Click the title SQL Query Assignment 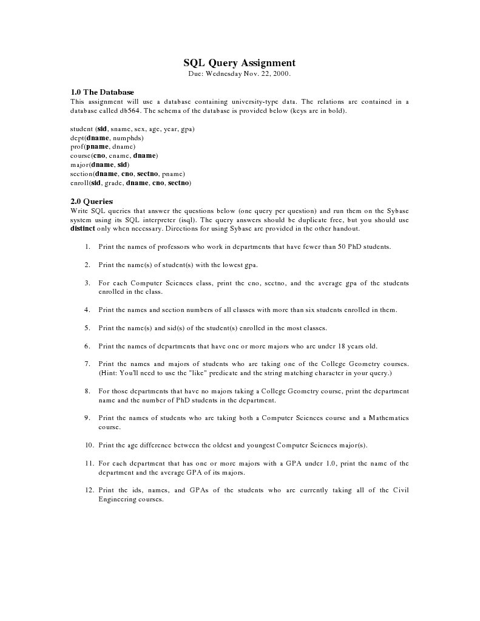(240, 63)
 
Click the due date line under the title (240, 73)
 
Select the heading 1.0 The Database (102, 92)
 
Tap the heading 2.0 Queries (92, 201)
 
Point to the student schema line (132, 129)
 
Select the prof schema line (103, 146)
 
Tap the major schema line (100, 165)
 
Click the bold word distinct (83, 229)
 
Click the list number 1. (87, 247)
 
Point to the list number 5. (87, 328)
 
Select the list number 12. (89, 490)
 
